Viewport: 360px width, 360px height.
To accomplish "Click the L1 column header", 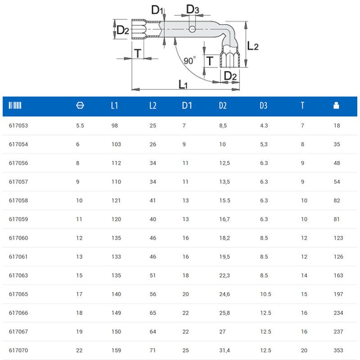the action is tap(114, 105).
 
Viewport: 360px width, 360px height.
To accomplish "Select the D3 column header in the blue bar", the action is tap(263, 105).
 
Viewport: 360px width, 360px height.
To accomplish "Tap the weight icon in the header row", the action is tap(336, 105).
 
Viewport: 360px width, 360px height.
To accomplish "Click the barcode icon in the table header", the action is tap(15, 105).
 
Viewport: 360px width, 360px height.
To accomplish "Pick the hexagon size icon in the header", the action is tap(80, 105).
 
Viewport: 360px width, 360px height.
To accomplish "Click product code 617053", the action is tap(18, 126).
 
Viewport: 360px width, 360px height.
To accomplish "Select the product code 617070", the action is tap(18, 351).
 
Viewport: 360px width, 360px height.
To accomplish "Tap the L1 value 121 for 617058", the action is tap(116, 200).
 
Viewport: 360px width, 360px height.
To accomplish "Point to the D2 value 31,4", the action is tap(225, 351).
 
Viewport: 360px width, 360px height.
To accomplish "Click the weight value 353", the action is tap(338, 351).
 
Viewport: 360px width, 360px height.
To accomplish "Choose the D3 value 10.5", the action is tap(265, 294).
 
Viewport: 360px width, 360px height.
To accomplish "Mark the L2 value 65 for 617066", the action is tap(153, 313).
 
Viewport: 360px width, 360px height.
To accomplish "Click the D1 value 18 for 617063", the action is tap(186, 275).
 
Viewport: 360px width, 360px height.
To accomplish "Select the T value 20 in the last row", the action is tap(304, 351).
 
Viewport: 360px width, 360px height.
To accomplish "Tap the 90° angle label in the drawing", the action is tap(189, 61).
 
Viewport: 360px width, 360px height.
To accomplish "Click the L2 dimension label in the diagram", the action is tap(253, 46).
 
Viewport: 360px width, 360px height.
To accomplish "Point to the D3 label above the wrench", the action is tap(193, 9).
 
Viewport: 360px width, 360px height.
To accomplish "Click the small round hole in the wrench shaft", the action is tap(192, 29).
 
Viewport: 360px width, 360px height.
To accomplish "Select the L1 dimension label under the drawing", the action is tap(183, 84).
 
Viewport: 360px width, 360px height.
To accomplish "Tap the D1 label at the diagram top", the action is tap(157, 10).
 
